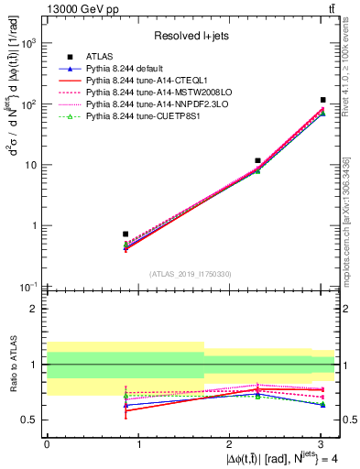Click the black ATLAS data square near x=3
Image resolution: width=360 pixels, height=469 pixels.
(x=322, y=100)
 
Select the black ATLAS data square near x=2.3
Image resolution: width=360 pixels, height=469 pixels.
(x=258, y=160)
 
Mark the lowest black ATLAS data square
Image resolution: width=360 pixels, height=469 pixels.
(x=125, y=234)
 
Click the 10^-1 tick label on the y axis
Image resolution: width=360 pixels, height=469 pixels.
(x=28, y=287)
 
